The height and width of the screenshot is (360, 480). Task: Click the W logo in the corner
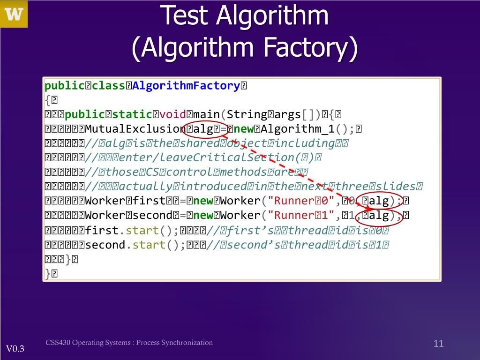[x=14, y=14]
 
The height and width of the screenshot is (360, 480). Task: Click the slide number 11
[x=439, y=344]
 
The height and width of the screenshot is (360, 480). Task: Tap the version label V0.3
[x=15, y=349]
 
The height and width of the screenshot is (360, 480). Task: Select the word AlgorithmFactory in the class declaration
[x=187, y=86]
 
